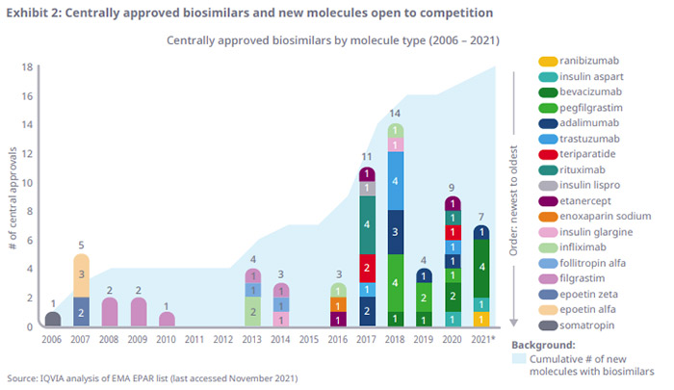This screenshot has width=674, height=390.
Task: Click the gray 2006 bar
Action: point(54,319)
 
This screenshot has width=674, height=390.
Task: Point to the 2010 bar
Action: point(168,319)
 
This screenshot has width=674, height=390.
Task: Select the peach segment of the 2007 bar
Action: point(82,274)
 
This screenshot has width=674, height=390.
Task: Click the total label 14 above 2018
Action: point(395,115)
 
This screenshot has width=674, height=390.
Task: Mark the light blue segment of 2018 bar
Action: point(395,181)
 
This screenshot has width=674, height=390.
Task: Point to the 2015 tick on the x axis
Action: point(310,339)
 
